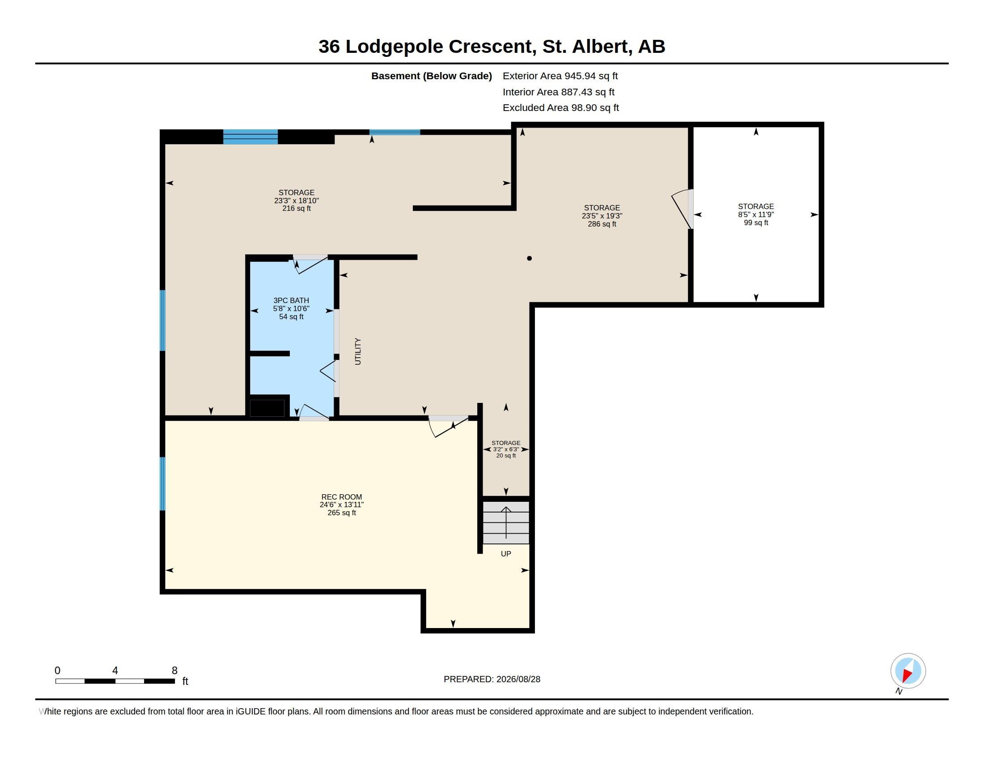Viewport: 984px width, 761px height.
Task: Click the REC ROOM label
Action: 342,504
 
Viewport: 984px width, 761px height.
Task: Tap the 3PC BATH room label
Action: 291,308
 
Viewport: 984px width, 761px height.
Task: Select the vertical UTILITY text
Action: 358,351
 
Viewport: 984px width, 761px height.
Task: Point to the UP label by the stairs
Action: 506,554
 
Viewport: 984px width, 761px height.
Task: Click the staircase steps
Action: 506,522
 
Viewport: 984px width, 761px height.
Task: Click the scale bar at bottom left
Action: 115,681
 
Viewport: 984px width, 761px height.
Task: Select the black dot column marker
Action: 530,258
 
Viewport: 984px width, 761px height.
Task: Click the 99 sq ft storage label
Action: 755,214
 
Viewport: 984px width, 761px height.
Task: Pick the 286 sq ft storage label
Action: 602,216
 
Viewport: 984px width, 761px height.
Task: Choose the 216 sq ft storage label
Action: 297,200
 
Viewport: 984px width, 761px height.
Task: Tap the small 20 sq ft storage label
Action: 506,449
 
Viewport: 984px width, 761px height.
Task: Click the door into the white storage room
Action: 683,209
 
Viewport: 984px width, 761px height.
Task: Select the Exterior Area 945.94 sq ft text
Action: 560,76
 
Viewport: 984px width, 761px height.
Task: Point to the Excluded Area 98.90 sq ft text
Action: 560,108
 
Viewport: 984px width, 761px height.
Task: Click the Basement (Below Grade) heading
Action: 431,76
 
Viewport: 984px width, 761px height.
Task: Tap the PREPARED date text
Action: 492,679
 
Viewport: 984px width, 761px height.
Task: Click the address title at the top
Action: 492,47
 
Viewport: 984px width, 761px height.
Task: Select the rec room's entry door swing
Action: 448,426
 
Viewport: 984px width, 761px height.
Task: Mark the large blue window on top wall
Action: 250,137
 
